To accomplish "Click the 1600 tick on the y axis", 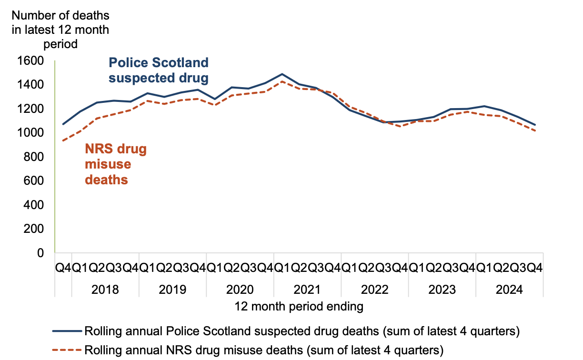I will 30,61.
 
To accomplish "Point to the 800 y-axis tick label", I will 33,157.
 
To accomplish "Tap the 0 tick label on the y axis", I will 40,253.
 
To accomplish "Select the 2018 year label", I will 106,290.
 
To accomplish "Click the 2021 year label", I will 308,290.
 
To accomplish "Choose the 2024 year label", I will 509,290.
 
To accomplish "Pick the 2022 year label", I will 375,290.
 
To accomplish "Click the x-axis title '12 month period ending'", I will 299,306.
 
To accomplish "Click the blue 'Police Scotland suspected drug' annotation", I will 159,70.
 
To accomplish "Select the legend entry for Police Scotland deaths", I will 301,331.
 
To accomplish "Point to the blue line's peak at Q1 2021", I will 282,74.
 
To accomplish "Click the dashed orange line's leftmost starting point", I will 63,140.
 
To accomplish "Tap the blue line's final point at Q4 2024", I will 535,125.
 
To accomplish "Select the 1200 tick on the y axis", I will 30,109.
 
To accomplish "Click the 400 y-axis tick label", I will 33,205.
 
